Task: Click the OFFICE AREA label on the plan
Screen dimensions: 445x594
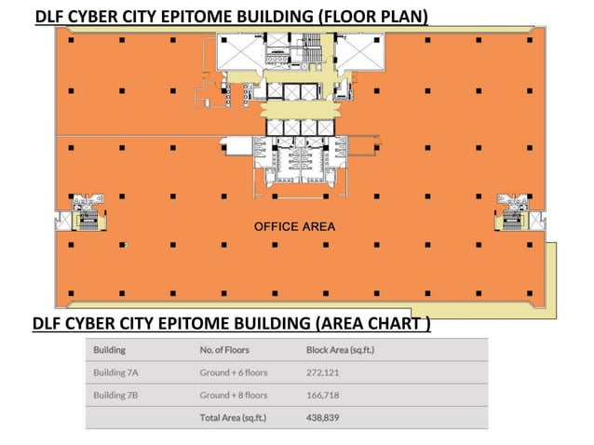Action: click(294, 226)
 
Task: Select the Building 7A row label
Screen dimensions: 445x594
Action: click(115, 372)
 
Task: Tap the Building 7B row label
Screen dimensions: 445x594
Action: click(115, 395)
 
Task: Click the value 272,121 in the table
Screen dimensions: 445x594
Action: click(323, 372)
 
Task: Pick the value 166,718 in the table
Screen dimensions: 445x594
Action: click(323, 395)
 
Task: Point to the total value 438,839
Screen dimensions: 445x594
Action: click(323, 418)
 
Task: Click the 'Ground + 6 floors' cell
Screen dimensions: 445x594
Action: click(233, 372)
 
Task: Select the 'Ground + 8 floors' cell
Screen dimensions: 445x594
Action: click(233, 395)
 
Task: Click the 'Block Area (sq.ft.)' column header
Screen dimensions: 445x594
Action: click(346, 350)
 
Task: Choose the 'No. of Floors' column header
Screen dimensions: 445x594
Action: click(224, 350)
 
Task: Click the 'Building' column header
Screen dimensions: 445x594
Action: click(109, 350)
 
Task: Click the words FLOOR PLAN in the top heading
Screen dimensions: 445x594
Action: click(370, 16)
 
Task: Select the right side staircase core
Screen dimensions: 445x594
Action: click(510, 213)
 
